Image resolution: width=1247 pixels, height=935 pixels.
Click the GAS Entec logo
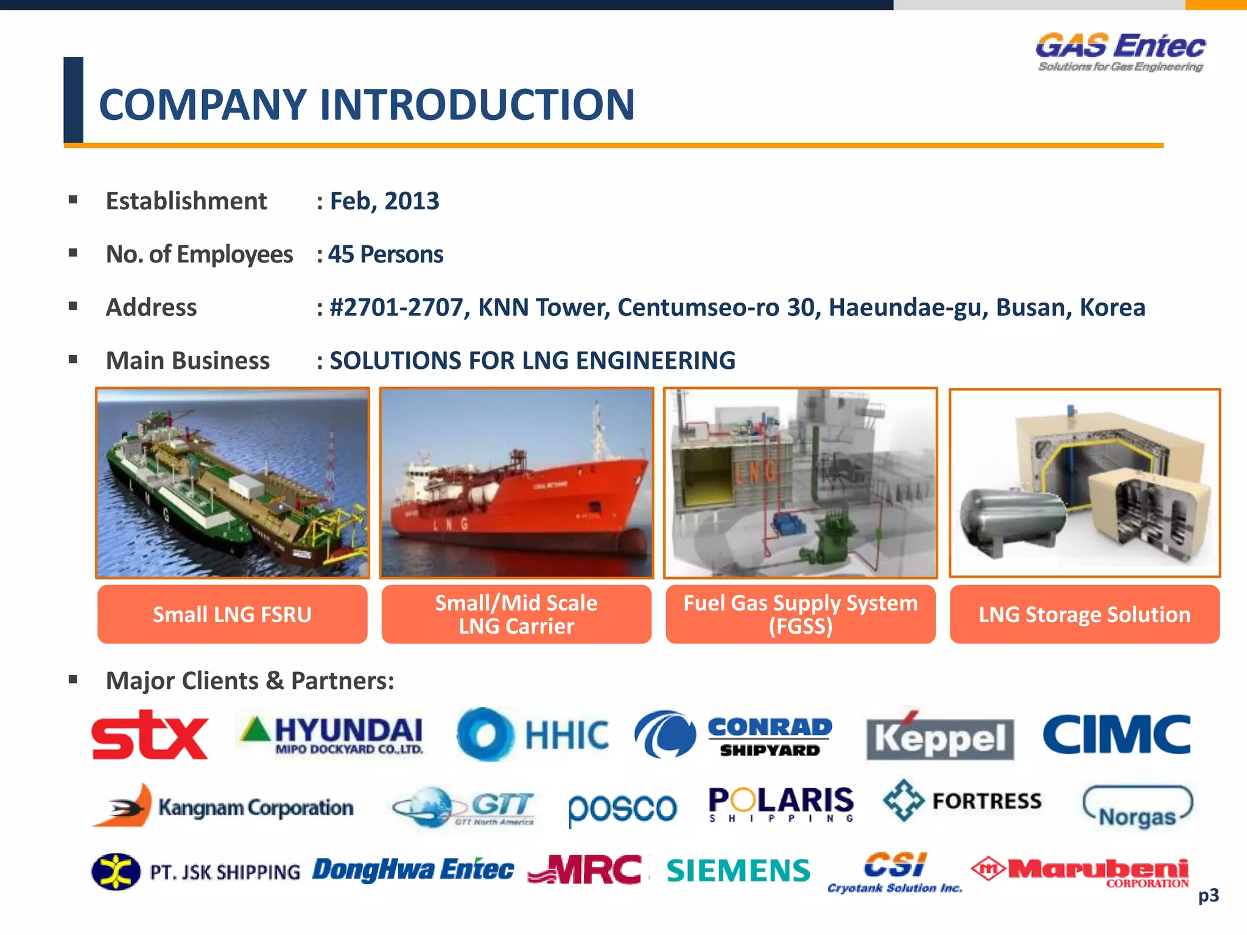click(x=1120, y=52)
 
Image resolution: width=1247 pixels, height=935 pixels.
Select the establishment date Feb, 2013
click(x=384, y=201)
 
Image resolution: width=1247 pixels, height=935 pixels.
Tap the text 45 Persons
click(x=385, y=254)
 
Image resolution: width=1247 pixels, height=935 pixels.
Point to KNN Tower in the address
click(x=543, y=307)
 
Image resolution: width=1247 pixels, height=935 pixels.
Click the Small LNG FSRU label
click(x=232, y=614)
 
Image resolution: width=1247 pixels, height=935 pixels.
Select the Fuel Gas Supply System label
click(x=800, y=614)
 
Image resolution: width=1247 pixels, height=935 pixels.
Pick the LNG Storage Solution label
click(x=1084, y=614)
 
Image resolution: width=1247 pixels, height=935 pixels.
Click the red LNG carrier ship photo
click(x=516, y=483)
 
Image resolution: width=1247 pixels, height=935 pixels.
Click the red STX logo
click(x=150, y=735)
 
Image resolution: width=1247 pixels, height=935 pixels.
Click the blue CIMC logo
click(x=1116, y=734)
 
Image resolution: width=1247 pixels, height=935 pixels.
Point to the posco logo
click(x=622, y=808)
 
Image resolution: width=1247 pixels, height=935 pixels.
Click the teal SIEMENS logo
click(x=739, y=870)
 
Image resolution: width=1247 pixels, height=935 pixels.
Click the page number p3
click(x=1208, y=895)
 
